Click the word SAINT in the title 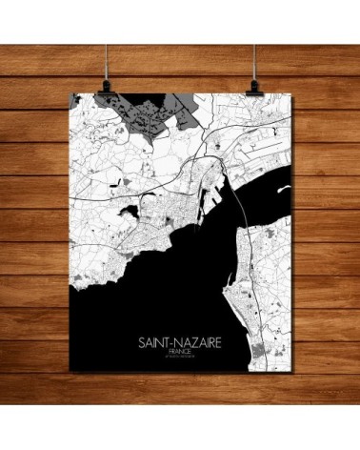point(157,340)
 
